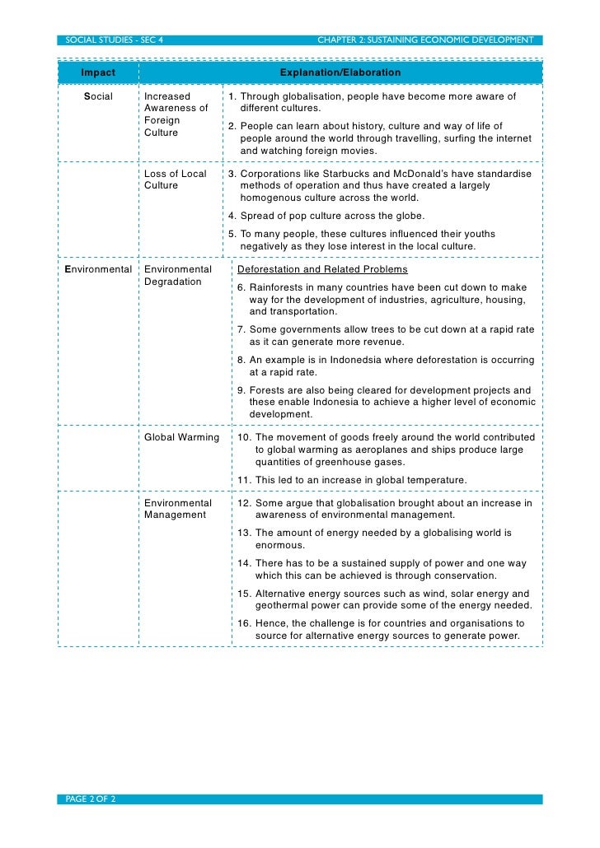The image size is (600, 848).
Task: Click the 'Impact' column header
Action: [97, 73]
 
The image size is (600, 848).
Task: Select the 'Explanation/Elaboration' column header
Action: [340, 73]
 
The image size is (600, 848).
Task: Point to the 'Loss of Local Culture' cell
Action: [175, 179]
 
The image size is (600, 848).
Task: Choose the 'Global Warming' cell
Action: [181, 437]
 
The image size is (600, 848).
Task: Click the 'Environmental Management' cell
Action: [177, 509]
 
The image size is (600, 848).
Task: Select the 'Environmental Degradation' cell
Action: [177, 275]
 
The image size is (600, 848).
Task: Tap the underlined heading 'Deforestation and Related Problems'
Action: [321, 269]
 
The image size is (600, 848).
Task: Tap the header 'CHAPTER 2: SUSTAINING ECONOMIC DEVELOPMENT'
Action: [425, 40]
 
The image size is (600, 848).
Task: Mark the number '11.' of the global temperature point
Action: [244, 480]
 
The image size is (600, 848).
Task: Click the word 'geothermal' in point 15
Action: [281, 605]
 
